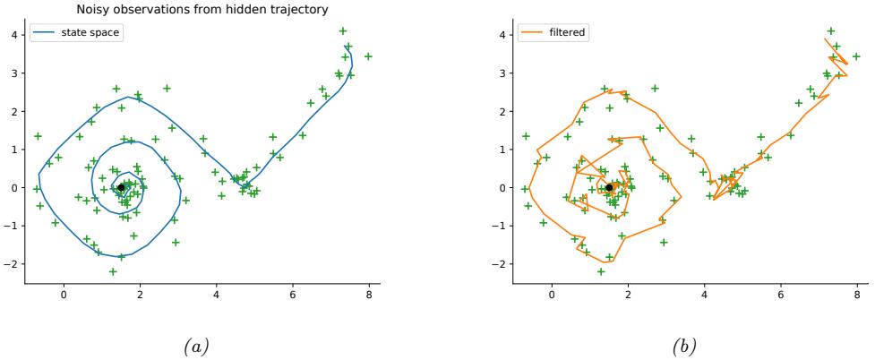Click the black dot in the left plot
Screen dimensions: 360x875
[x=121, y=187]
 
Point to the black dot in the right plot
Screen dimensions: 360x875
[x=609, y=187]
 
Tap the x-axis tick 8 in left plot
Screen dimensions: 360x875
[x=368, y=295]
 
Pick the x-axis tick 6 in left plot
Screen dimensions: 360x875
[x=292, y=295]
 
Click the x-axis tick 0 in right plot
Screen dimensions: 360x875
[x=552, y=295]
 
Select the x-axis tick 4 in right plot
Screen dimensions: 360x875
[x=704, y=295]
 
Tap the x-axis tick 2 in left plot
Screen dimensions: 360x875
[x=140, y=295]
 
